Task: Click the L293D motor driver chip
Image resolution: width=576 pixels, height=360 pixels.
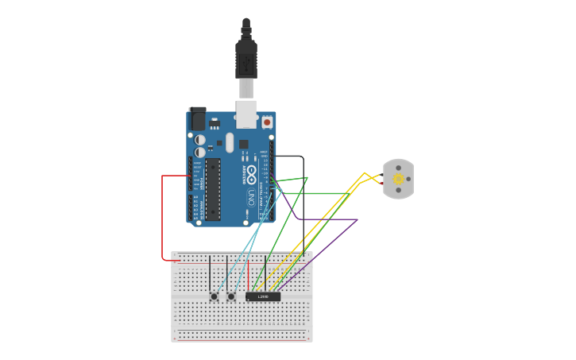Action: tap(263, 296)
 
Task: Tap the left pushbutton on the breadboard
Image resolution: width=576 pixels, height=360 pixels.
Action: tap(214, 296)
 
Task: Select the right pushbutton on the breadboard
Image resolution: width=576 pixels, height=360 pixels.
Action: tap(231, 296)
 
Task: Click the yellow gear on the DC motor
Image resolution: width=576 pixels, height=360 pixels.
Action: tap(398, 179)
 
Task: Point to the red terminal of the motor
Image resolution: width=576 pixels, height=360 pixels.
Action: tap(382, 184)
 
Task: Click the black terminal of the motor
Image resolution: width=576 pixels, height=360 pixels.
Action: tap(382, 175)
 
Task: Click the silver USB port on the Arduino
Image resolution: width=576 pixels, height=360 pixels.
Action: tap(246, 114)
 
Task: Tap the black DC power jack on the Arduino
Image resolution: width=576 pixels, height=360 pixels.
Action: tap(196, 118)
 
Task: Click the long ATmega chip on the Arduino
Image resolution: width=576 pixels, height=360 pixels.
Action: tap(213, 189)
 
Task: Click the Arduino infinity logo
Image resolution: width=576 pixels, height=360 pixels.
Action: tap(251, 173)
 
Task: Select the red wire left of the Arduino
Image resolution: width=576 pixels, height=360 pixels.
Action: tap(163, 219)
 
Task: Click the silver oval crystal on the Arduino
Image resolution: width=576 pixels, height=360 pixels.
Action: tap(230, 142)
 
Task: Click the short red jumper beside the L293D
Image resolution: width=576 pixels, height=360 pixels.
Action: tap(248, 274)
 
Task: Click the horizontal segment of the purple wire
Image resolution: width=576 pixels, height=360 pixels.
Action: tap(326, 219)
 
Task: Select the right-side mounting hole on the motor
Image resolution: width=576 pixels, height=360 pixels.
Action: tap(408, 179)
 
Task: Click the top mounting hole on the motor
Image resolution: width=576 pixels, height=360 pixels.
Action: tap(398, 168)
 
